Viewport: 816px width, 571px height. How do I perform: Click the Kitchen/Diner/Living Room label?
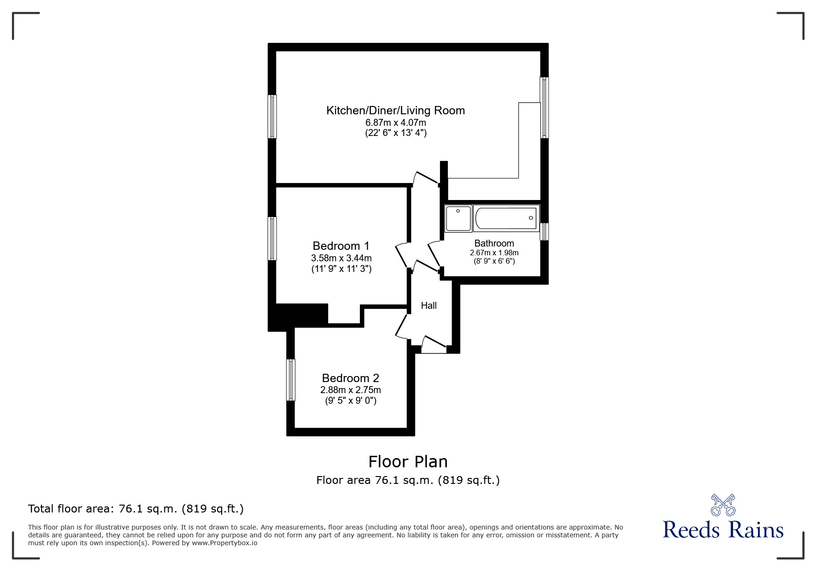pos(395,111)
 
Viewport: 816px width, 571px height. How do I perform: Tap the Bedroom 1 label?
pos(341,246)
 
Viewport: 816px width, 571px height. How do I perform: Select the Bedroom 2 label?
pos(351,378)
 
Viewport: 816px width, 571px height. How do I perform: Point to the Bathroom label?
pos(494,243)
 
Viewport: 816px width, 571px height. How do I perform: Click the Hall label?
pos(429,306)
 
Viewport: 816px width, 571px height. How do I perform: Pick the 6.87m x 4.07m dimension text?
pos(396,123)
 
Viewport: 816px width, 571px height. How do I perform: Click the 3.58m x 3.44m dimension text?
pos(341,258)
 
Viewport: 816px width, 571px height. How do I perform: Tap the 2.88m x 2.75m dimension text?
pos(351,390)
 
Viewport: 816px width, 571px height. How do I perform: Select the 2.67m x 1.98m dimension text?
pos(494,253)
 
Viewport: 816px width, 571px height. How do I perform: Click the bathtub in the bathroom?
pos(505,218)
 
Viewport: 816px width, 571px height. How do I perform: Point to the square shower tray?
pos(458,218)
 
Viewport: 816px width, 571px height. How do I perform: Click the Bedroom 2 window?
pos(290,380)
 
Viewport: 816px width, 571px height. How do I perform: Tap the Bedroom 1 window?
pos(272,238)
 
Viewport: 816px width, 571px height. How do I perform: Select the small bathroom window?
pos(544,231)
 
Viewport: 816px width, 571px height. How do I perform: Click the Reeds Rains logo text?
pos(723,530)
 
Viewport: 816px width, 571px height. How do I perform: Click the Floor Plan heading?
pos(408,461)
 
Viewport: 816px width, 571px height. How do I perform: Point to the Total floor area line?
pos(136,509)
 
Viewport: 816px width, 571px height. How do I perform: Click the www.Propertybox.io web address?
pos(225,543)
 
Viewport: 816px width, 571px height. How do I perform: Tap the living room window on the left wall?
pos(272,117)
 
